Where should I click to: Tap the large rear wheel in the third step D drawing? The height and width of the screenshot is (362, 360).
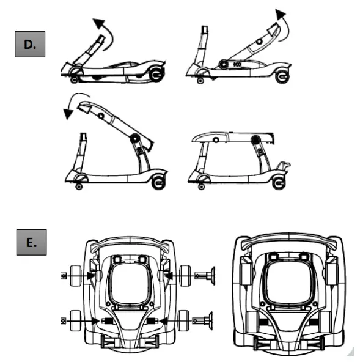pos(158,182)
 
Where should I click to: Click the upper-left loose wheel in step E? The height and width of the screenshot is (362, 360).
pos(77,276)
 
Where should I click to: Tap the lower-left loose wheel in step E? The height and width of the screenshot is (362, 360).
pos(77,319)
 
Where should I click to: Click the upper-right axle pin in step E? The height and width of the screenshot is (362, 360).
pos(208,276)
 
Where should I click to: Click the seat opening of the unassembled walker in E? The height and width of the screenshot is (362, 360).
pos(129,282)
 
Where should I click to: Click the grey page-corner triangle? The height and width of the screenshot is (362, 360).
pos(350,353)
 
